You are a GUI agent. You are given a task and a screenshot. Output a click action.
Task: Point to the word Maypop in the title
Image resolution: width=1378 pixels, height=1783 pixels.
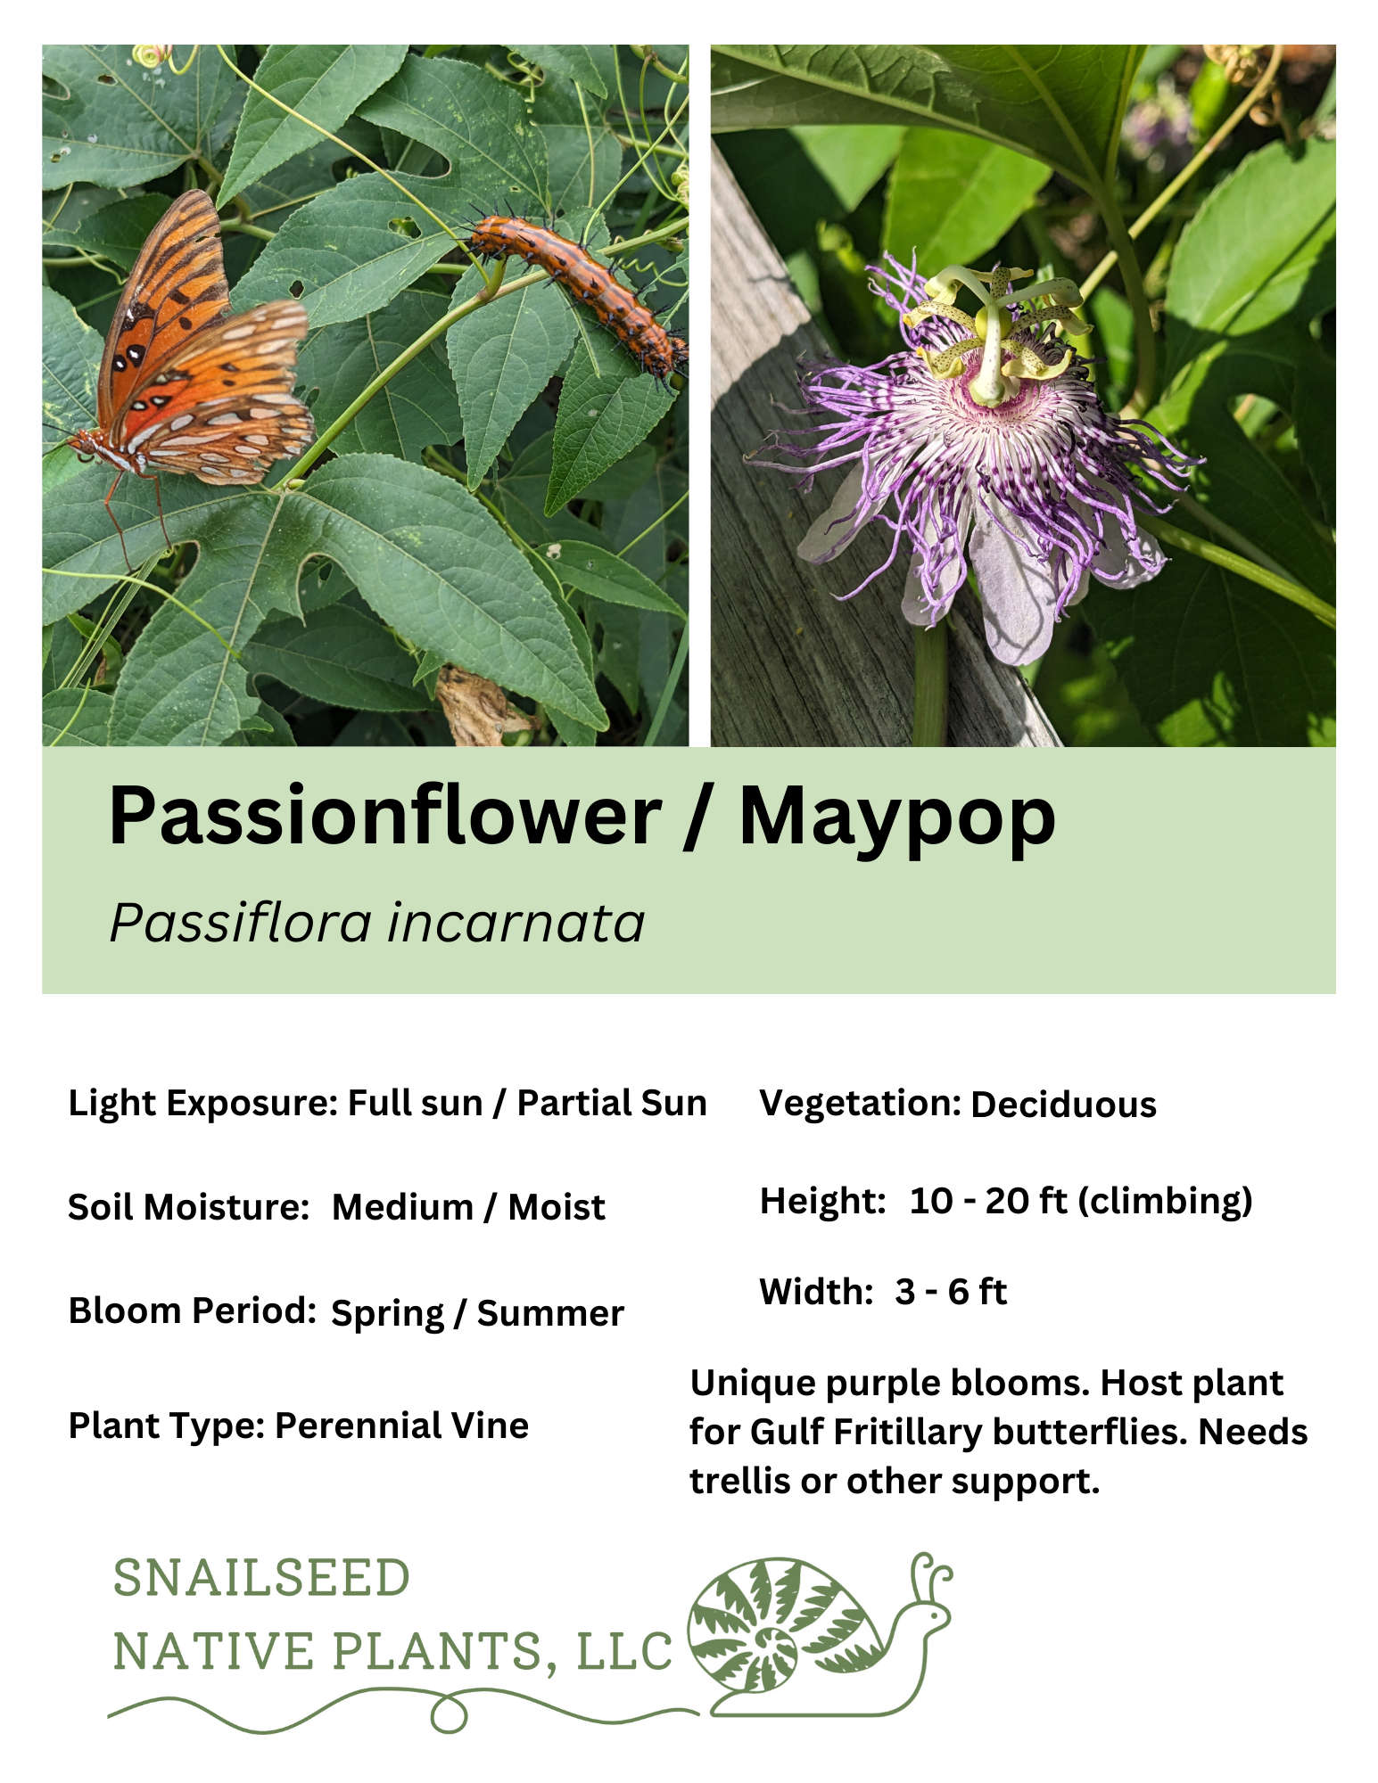[896, 817]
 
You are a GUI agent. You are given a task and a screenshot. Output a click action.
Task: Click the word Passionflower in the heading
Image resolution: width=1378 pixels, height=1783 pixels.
[384, 817]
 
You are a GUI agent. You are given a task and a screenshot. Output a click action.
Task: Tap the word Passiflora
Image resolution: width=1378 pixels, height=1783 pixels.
[239, 923]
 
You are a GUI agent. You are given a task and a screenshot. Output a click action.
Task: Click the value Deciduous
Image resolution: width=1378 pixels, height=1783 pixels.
[1063, 1105]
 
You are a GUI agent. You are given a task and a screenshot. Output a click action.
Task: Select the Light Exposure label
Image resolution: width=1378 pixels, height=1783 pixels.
[202, 1103]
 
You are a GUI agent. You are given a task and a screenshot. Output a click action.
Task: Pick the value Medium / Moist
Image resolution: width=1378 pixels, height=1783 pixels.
[468, 1207]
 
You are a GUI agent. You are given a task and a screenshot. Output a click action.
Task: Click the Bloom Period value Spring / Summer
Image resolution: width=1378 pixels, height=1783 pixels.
[477, 1313]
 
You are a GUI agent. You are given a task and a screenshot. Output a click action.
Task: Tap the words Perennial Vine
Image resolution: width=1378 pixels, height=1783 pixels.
[401, 1426]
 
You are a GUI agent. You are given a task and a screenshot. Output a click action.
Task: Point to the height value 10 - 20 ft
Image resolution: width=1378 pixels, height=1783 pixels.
[988, 1201]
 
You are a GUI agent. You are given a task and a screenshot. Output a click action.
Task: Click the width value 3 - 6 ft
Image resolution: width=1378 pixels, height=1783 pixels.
[951, 1292]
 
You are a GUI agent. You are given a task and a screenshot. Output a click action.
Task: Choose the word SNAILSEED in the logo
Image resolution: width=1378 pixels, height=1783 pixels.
[261, 1578]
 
